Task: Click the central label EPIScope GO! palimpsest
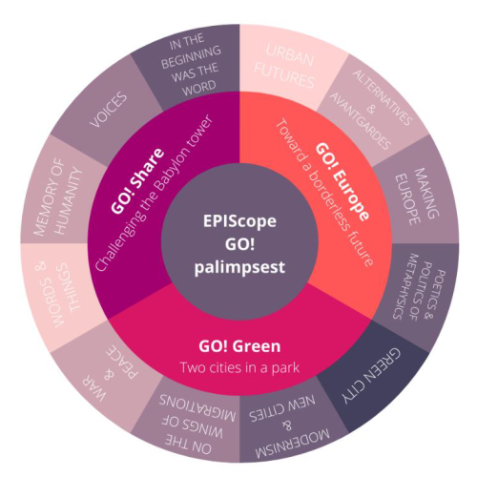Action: tap(239, 244)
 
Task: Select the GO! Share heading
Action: tap(137, 180)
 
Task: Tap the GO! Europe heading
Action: tap(342, 181)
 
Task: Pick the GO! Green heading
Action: tap(239, 346)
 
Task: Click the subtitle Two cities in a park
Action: tap(239, 367)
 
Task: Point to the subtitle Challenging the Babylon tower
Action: tap(154, 193)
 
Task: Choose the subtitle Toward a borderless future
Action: tap(324, 193)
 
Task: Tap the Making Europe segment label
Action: tap(417, 197)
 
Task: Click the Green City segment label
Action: tap(371, 376)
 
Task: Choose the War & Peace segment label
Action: tap(110, 373)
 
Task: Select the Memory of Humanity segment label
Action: tap(58, 197)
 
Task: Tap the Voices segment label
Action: tap(108, 110)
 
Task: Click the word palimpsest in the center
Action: tap(239, 268)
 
